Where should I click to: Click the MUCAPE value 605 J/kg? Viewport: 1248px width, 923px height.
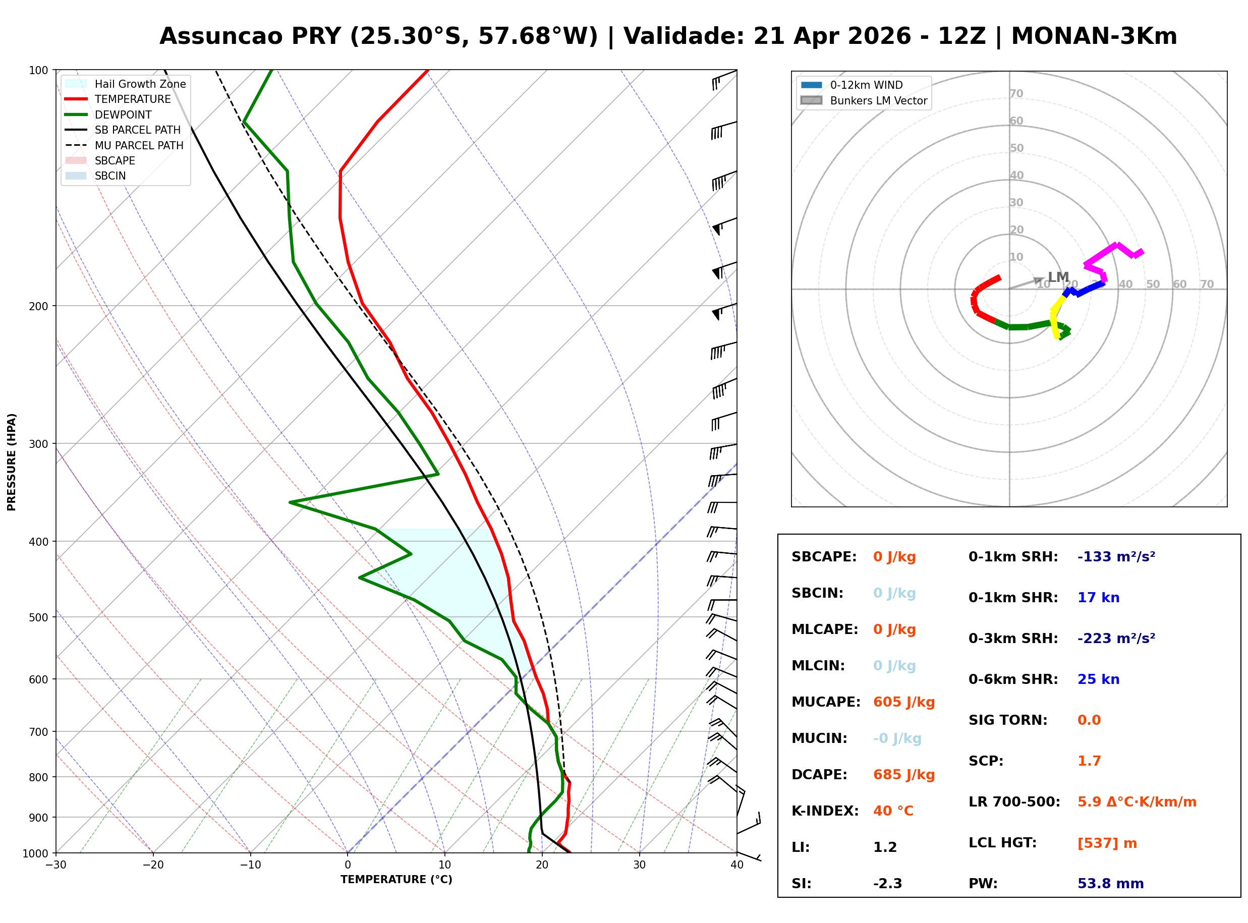pos(903,702)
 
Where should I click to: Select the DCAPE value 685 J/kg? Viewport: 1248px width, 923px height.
pos(903,774)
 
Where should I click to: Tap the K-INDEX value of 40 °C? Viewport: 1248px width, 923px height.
pos(893,811)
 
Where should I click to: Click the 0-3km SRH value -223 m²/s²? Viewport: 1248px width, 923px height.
pos(1116,638)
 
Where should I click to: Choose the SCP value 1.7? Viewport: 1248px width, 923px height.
pos(1089,761)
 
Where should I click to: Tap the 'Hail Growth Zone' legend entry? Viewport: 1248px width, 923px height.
pos(140,84)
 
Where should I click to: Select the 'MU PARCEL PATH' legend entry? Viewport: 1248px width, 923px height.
pos(139,145)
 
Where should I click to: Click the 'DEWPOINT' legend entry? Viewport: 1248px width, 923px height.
pos(123,114)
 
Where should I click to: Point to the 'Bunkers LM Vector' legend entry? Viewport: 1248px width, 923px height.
pos(878,100)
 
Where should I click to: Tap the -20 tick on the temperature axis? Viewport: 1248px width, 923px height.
pos(153,865)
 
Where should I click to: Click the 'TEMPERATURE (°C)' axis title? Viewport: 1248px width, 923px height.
pos(396,880)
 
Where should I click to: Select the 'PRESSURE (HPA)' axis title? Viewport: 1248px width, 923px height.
pos(12,461)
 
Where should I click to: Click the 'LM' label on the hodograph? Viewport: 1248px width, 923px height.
pos(1058,277)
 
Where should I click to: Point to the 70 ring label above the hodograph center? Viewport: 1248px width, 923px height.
pos(1016,93)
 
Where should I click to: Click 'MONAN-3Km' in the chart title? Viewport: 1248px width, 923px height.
pos(1093,36)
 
